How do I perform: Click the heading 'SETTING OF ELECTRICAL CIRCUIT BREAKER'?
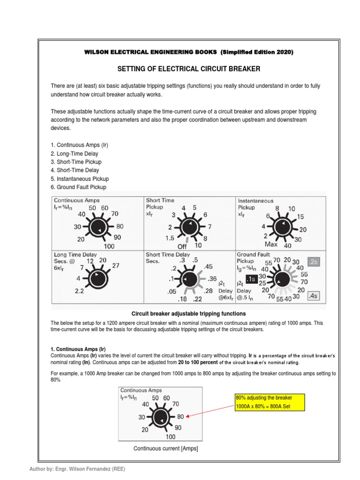[x=188, y=69]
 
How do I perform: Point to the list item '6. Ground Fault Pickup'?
[x=78, y=187]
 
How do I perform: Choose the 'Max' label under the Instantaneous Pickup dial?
[x=271, y=245]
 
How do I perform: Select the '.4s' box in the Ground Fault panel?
[x=313, y=296]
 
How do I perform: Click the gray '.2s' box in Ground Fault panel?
[x=313, y=262]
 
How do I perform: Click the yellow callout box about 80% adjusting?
[x=269, y=402]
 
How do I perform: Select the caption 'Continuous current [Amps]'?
[x=165, y=449]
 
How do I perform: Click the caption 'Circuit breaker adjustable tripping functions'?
[x=188, y=313]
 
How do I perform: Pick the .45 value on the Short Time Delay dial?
[x=208, y=267]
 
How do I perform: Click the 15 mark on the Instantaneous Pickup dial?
[x=300, y=217]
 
